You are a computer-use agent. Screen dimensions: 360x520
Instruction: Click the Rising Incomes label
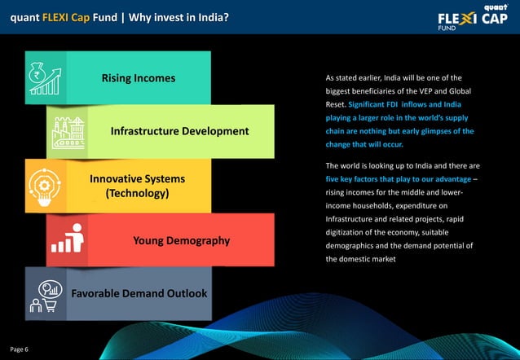tap(139, 79)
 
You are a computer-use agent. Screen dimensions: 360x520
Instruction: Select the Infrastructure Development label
tap(179, 131)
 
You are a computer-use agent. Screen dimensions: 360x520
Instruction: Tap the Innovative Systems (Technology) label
tap(137, 186)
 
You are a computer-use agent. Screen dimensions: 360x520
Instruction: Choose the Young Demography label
tap(181, 240)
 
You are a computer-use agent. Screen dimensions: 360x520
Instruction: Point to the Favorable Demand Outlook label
tap(139, 292)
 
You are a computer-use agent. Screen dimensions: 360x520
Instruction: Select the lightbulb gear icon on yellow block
tap(45, 186)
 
